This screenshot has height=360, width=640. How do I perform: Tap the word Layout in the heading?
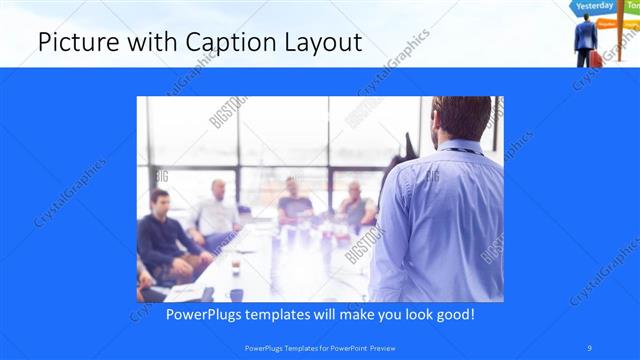[319, 43]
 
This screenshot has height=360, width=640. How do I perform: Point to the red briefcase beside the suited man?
[597, 59]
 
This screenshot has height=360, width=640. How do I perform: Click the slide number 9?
[590, 347]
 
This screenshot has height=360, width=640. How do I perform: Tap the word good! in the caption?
[454, 314]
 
